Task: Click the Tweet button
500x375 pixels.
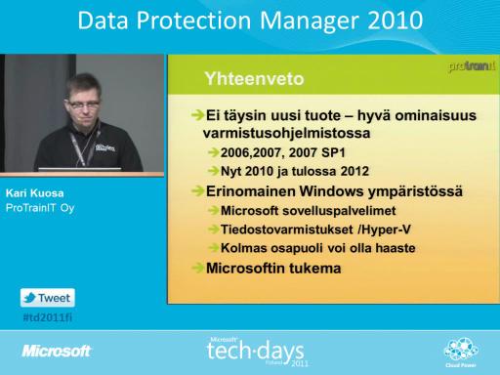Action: point(48,298)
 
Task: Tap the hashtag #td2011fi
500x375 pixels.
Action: point(48,317)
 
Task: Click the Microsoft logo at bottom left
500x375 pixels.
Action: point(57,351)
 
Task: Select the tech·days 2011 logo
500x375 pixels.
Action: point(257,352)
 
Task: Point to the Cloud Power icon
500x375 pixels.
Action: point(461,353)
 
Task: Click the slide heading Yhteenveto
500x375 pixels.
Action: point(254,79)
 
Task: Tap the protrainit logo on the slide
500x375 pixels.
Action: point(472,65)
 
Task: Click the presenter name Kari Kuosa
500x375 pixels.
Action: point(34,193)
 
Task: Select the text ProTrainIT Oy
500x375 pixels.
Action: point(40,208)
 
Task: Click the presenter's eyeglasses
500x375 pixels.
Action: point(84,104)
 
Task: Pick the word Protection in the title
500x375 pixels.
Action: point(193,21)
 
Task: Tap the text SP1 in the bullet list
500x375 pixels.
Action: point(333,152)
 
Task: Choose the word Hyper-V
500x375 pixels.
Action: point(386,229)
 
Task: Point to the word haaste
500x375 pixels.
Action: point(396,248)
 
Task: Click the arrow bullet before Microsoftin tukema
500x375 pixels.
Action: point(198,268)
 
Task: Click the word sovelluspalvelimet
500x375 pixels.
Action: point(339,211)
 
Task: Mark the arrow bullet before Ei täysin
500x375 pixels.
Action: point(198,115)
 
